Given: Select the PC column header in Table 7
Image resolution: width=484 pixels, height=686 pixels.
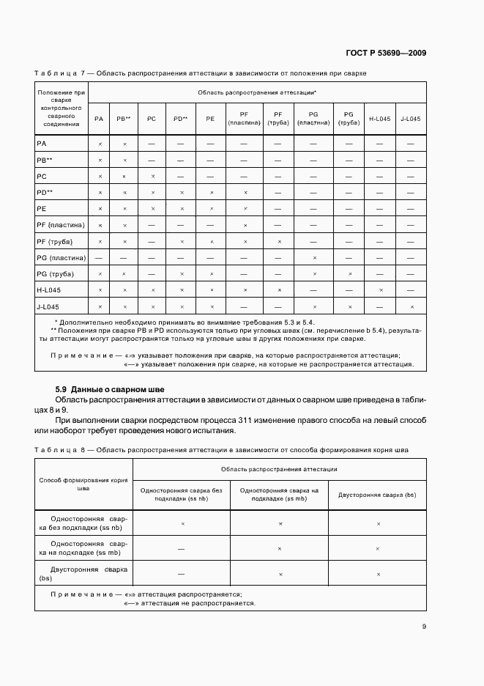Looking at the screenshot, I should pyautogui.click(x=152, y=119).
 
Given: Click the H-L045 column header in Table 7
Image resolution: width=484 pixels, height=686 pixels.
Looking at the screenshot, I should pyautogui.click(x=379, y=119).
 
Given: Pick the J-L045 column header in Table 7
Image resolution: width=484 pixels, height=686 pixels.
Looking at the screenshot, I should pyautogui.click(x=411, y=119).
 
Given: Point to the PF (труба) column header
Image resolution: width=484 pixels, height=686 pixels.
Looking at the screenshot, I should pyautogui.click(x=278, y=119).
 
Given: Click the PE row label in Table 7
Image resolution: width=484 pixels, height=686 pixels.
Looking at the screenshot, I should pyautogui.click(x=42, y=209).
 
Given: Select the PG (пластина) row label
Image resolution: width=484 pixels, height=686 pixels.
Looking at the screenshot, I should pyautogui.click(x=61, y=257).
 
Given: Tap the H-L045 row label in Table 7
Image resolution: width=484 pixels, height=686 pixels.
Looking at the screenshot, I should pyautogui.click(x=48, y=290).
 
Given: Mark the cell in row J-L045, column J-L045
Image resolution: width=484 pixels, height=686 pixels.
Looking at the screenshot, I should pyautogui.click(x=412, y=306).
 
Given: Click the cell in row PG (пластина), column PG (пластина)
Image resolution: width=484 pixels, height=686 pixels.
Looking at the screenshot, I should pyautogui.click(x=314, y=258).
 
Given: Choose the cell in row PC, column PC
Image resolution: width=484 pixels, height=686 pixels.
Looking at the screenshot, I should pyautogui.click(x=152, y=177).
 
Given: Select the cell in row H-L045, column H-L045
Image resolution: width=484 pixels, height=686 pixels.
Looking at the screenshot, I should pyautogui.click(x=379, y=290).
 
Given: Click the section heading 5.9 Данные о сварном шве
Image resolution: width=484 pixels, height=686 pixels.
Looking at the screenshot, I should pyautogui.click(x=111, y=388).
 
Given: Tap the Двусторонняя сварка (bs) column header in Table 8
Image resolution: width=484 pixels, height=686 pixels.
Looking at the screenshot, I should pyautogui.click(x=377, y=495).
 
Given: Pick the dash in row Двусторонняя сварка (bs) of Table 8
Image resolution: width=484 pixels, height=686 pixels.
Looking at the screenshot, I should pyautogui.click(x=182, y=574).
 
